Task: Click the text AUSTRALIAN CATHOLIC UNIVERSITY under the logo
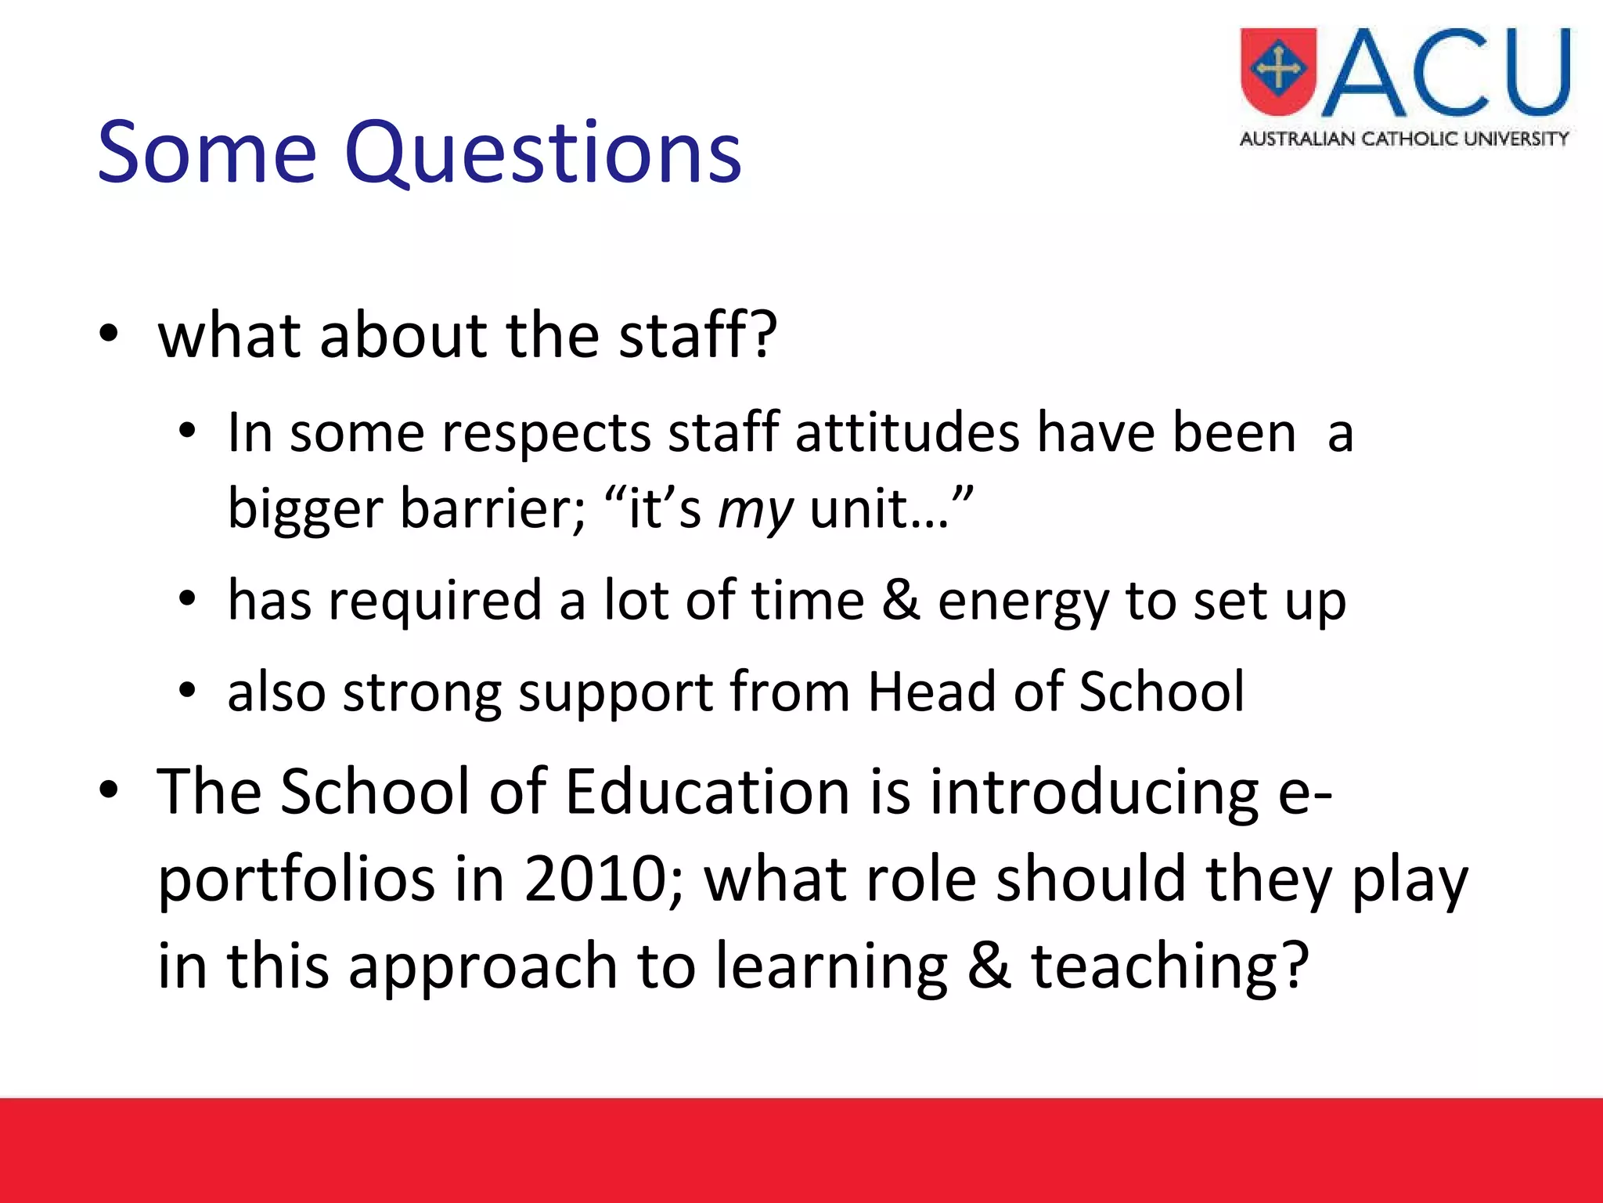[1404, 139]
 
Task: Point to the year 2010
[595, 879]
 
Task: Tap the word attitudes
[907, 433]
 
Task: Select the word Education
[707, 791]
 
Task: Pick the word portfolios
[296, 880]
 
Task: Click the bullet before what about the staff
[109, 336]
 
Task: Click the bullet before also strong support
[186, 692]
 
